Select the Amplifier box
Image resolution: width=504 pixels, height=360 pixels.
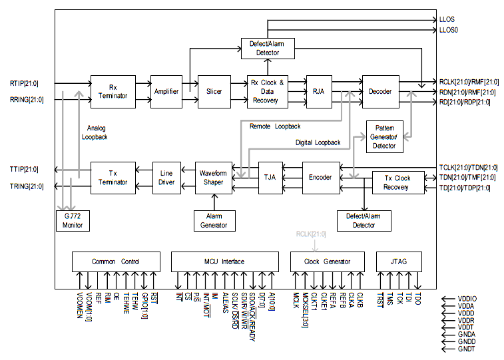166,91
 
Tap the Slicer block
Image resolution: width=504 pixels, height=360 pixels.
214,91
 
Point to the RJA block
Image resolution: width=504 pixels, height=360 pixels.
318,91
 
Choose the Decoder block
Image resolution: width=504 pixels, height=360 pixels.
379,91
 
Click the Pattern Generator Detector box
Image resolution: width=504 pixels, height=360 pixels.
385,136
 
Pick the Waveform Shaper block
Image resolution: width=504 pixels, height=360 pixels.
214,178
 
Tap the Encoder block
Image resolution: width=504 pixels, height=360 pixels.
321,178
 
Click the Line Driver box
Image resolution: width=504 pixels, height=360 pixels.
166,178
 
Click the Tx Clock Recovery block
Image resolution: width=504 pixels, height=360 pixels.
397,182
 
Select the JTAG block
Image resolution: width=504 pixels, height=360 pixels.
399,262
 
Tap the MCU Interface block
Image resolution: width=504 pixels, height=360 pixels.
224,262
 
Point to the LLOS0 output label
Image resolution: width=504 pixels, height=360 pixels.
449,31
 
